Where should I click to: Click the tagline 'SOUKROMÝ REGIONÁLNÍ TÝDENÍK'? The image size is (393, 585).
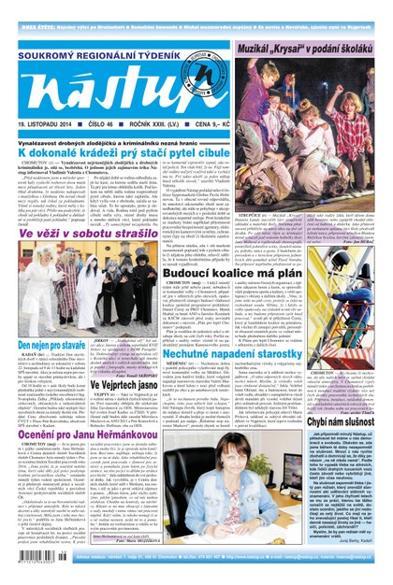tap(89, 36)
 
